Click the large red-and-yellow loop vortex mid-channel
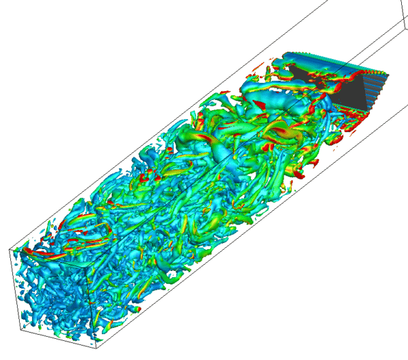coord(282,133)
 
